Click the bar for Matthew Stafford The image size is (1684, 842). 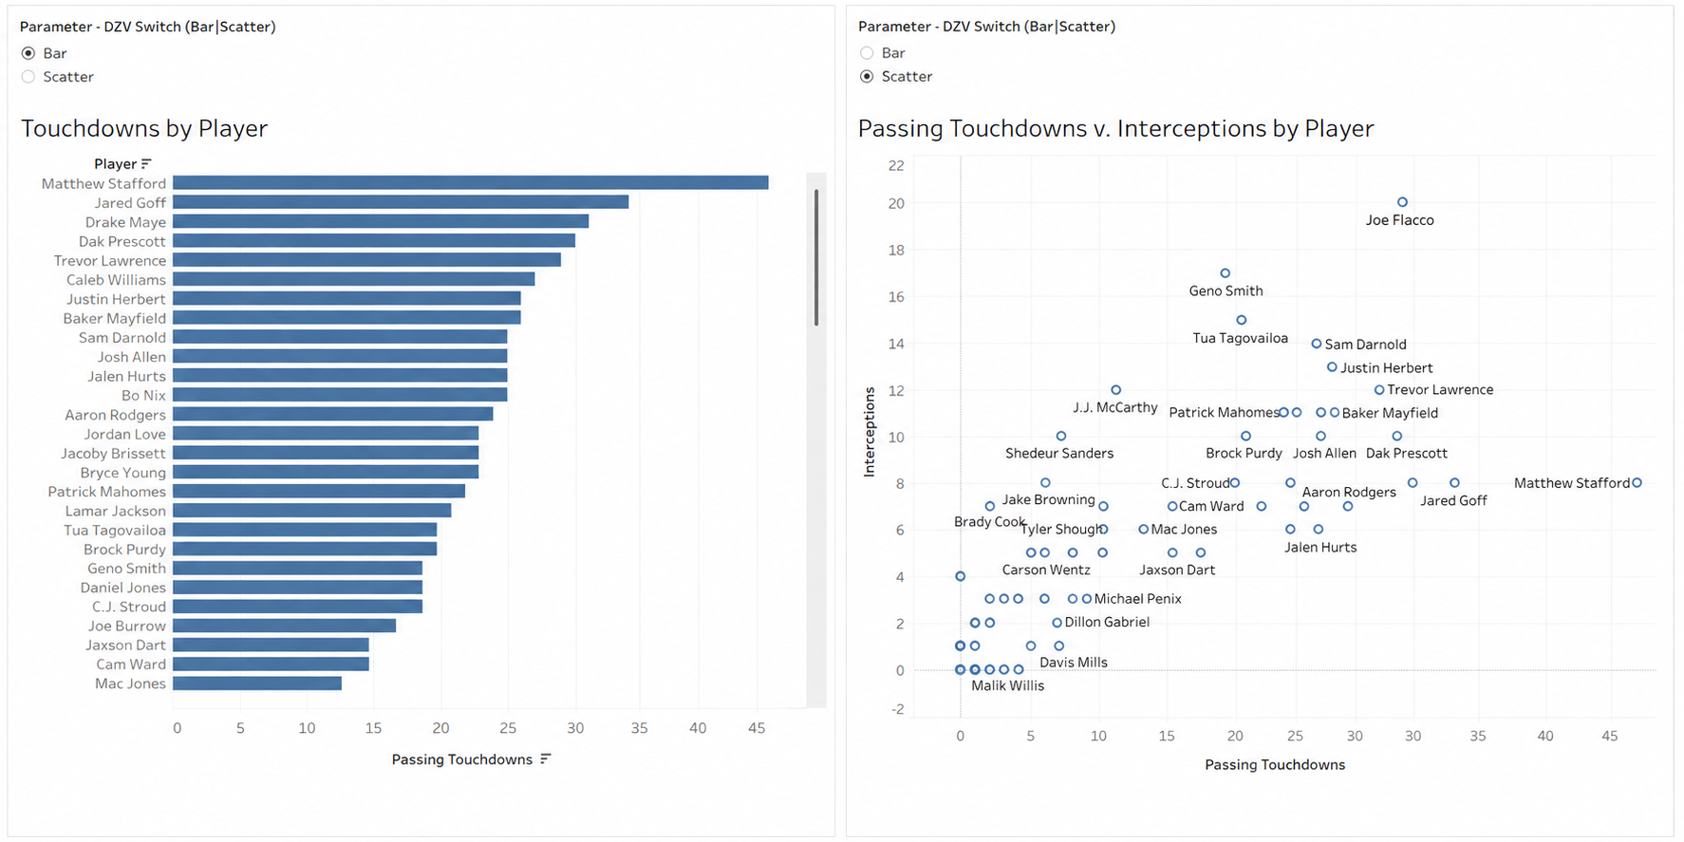pyautogui.click(x=470, y=183)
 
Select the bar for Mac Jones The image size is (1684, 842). pyautogui.click(x=257, y=683)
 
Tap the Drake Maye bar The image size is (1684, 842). pyautogui.click(x=381, y=221)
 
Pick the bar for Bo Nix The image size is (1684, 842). pyautogui.click(x=340, y=395)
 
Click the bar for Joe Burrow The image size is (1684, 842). pyautogui.click(x=284, y=626)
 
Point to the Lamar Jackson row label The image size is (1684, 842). pyautogui.click(x=116, y=511)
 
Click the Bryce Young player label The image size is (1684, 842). pyautogui.click(x=123, y=473)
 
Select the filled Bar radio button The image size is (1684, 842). pyautogui.click(x=28, y=53)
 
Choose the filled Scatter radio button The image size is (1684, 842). pyautogui.click(x=867, y=76)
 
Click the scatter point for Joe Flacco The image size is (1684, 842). pyautogui.click(x=1402, y=202)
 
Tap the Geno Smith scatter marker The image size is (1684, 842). pyautogui.click(x=1225, y=273)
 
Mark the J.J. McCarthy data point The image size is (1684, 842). pyautogui.click(x=1115, y=390)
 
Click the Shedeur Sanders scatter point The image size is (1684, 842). pyautogui.click(x=1061, y=437)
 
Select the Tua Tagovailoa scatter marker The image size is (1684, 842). pyautogui.click(x=1241, y=320)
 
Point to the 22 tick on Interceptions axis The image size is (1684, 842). pyautogui.click(x=896, y=165)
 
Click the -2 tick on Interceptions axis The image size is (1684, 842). pyautogui.click(x=896, y=709)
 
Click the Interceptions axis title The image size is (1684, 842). pyautogui.click(x=870, y=431)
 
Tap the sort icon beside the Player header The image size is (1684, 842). pyautogui.click(x=146, y=163)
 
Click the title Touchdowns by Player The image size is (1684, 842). pyautogui.click(x=144, y=128)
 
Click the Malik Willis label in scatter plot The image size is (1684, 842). pyautogui.click(x=1007, y=685)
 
